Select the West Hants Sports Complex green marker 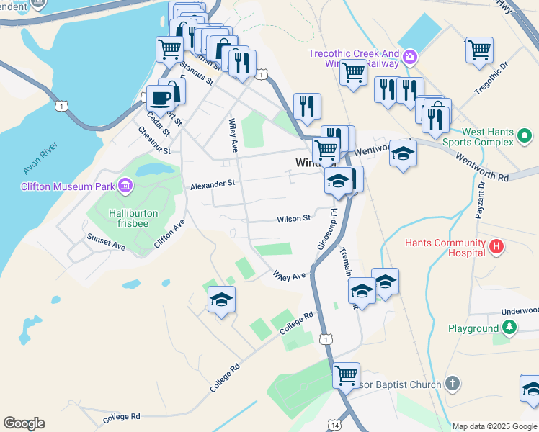525,135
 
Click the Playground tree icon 509,328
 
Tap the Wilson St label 294,218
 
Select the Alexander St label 213,184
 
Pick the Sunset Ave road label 106,242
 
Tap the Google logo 24,423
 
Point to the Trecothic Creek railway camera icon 410,55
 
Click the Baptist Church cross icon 452,384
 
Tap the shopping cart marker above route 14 346,374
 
